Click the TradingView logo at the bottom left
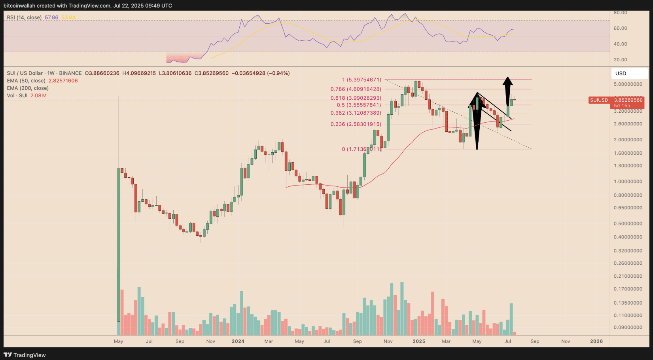point(25,355)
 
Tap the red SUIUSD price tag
point(616,102)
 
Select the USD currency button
point(621,73)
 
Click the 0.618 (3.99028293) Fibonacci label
point(356,98)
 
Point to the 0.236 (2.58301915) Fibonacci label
point(356,124)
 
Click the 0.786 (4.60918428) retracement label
point(356,89)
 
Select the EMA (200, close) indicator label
point(28,88)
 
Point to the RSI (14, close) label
point(24,17)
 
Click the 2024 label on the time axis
point(238,341)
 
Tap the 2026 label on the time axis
point(596,341)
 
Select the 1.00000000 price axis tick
point(628,182)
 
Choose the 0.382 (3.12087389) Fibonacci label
point(356,113)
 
